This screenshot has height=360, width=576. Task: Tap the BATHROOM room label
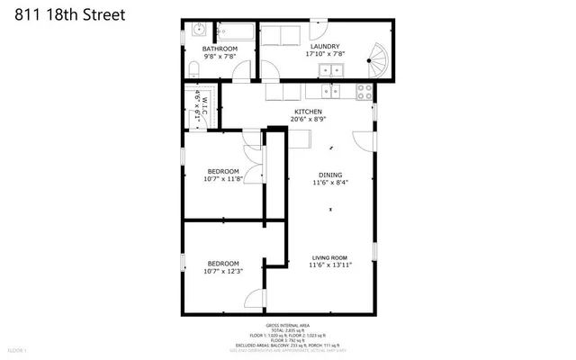(x=219, y=49)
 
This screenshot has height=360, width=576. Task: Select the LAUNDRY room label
(x=325, y=46)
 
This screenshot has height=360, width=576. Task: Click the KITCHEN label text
(x=308, y=112)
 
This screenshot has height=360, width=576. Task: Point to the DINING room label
(x=330, y=175)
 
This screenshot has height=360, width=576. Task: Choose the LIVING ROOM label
(x=329, y=257)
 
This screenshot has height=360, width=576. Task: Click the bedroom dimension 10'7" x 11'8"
(x=222, y=179)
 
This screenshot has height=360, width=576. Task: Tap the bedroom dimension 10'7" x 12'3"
(x=222, y=271)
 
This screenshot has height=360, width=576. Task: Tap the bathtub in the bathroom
(x=237, y=31)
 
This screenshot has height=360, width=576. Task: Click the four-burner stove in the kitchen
(x=365, y=90)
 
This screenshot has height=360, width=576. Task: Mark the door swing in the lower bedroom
(x=256, y=301)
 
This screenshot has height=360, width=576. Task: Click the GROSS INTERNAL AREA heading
(x=287, y=325)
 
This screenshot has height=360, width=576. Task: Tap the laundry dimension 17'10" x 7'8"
(x=325, y=54)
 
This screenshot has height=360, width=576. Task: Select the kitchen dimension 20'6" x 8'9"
(x=308, y=120)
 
